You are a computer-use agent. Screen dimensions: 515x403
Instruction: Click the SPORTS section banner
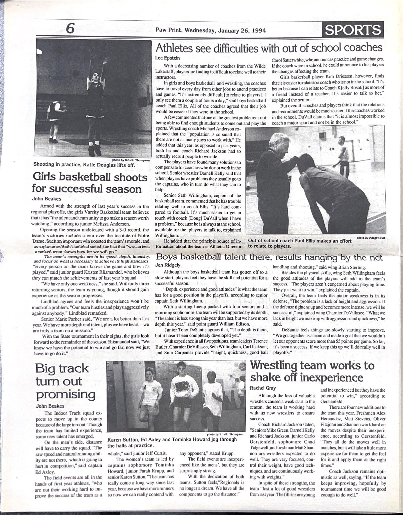[353, 30]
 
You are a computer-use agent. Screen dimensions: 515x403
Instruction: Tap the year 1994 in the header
[258, 30]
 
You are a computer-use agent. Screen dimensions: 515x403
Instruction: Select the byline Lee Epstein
[168, 58]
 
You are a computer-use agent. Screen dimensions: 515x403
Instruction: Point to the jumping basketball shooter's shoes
[95, 149]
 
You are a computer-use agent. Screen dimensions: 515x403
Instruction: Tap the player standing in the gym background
[341, 151]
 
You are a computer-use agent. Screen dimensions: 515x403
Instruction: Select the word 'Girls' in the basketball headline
[47, 178]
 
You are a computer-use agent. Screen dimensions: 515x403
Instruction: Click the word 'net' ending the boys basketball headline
[376, 257]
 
